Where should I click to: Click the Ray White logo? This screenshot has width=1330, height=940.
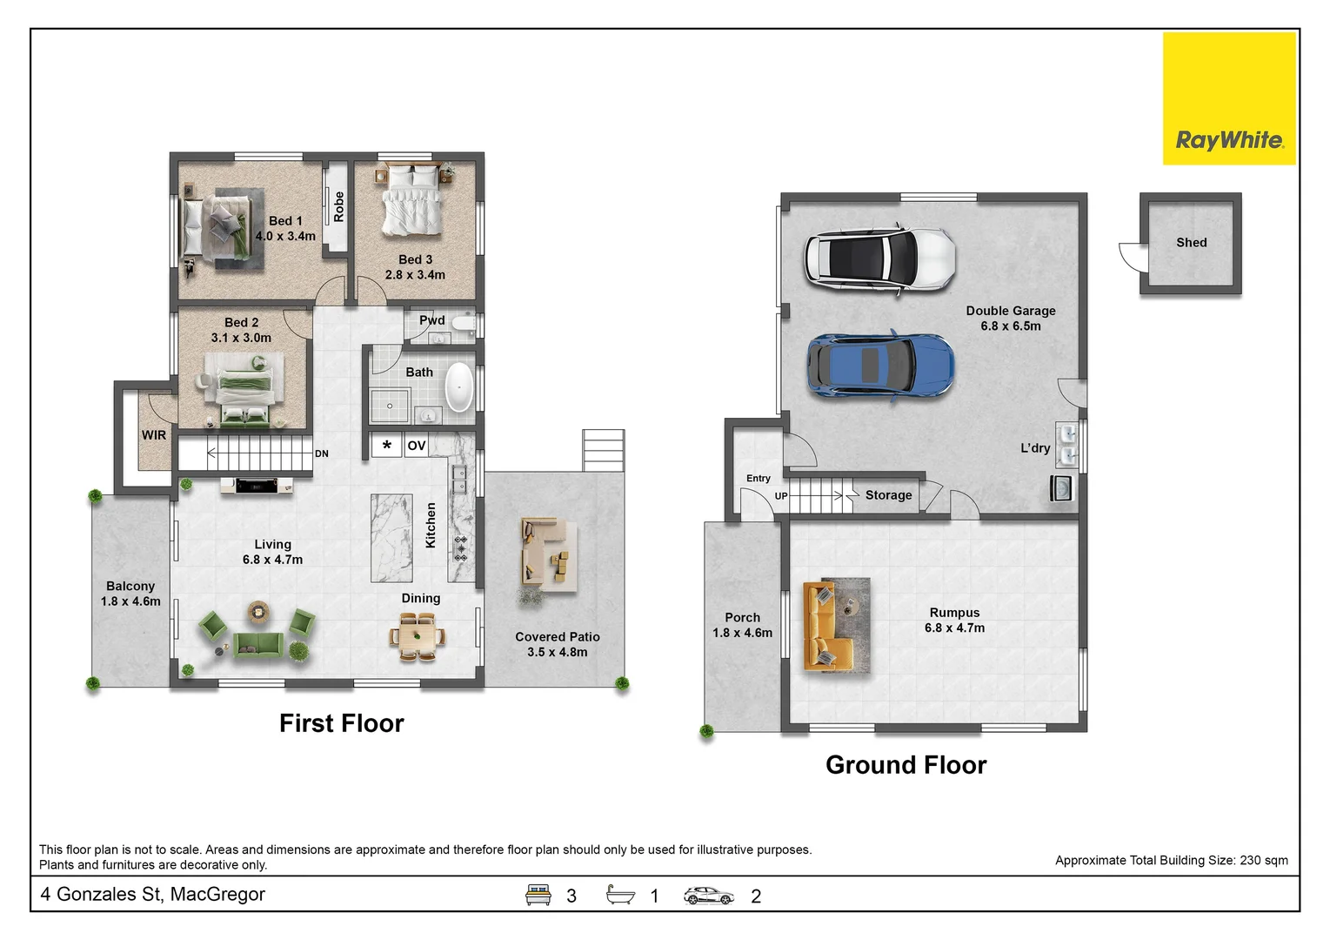click(1229, 98)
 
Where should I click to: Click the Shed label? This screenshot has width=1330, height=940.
click(1191, 243)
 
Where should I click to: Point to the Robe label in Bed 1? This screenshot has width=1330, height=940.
click(338, 206)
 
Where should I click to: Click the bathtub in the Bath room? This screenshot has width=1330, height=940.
click(459, 386)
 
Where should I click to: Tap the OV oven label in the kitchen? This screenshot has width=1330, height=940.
click(416, 446)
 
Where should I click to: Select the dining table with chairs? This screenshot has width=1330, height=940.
click(418, 638)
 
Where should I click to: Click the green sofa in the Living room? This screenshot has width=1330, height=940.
click(257, 645)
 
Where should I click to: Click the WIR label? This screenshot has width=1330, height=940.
click(154, 435)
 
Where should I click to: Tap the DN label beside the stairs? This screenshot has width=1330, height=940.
click(322, 453)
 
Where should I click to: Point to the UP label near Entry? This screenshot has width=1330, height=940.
click(781, 495)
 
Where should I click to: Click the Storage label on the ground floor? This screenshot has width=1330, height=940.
click(888, 495)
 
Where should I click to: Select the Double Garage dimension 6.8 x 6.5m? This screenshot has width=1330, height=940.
click(1011, 326)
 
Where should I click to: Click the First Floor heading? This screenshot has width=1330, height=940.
click(341, 723)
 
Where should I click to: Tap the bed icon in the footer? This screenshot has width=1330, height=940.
click(538, 895)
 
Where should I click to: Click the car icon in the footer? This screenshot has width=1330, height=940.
click(708, 896)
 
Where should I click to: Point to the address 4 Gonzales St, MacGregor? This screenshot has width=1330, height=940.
click(152, 894)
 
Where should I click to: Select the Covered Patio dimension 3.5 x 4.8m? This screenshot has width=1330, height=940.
click(557, 652)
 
